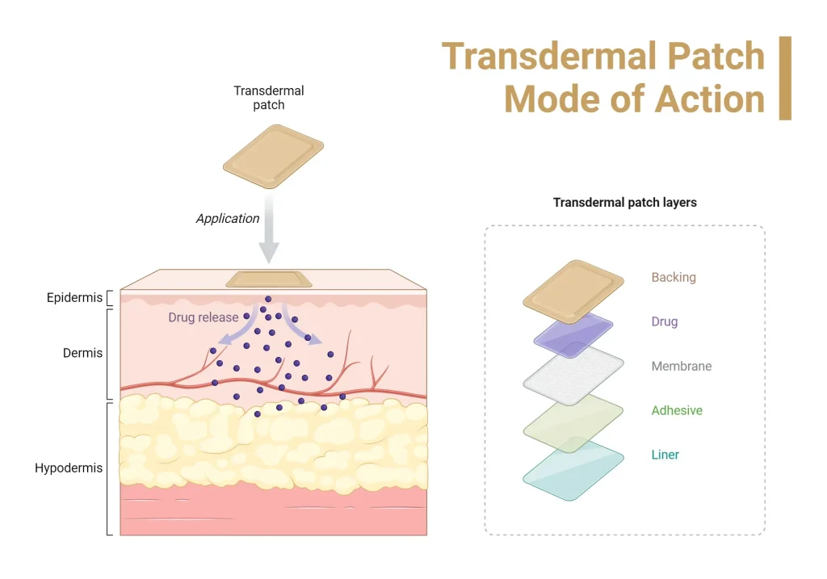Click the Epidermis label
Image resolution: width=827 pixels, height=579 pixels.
(x=74, y=298)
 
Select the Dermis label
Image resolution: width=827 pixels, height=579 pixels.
(x=82, y=353)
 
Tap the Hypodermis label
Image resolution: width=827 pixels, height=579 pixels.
(x=69, y=468)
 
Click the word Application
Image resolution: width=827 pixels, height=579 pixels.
(x=228, y=218)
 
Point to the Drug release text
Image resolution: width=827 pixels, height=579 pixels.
(x=204, y=317)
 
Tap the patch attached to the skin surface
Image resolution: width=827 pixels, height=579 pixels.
(x=268, y=279)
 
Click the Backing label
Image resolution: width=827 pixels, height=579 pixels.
(x=674, y=277)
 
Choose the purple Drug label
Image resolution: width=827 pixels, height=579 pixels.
(x=665, y=321)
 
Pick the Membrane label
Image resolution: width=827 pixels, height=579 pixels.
(x=682, y=366)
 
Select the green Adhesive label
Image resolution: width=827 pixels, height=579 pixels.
(x=677, y=410)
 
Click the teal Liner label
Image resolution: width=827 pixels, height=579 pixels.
(x=665, y=455)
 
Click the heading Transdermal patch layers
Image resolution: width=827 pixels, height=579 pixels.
(x=624, y=203)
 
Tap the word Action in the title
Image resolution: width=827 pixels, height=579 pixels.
(x=710, y=99)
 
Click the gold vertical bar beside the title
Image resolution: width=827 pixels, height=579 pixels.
(x=785, y=78)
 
